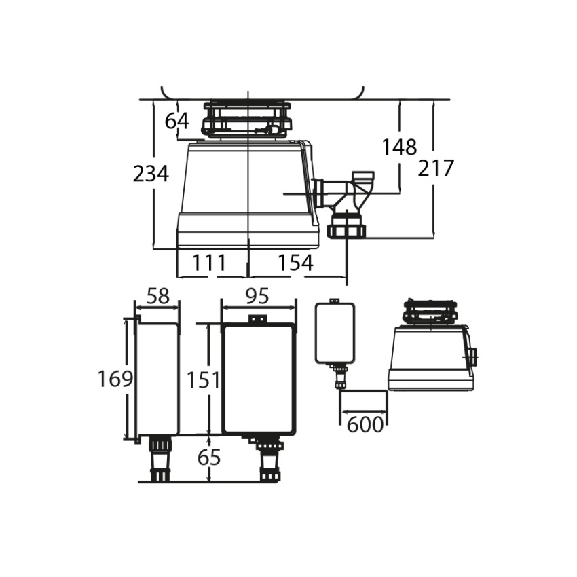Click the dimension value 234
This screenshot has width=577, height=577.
point(151,174)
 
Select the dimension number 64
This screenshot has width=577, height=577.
point(176,121)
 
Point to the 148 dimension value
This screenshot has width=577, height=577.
point(399,147)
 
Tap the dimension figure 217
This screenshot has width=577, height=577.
point(436,168)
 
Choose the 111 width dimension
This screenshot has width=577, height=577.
point(208,263)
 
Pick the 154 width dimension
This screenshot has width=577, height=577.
point(295,263)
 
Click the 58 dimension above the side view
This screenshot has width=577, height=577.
point(158,296)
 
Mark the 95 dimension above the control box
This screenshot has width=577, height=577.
point(257,296)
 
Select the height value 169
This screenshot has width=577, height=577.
point(115,379)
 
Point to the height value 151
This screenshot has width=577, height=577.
point(204,380)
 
